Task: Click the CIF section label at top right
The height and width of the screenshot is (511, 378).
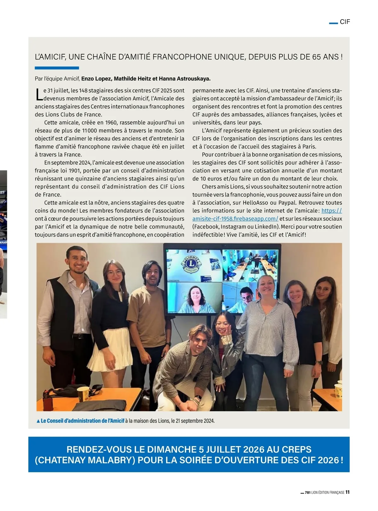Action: click(345, 22)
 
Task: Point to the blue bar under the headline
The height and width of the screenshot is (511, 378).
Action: click(57, 68)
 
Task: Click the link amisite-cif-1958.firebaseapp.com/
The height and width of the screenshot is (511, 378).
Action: click(235, 219)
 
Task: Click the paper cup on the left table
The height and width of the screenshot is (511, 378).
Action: click(83, 394)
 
